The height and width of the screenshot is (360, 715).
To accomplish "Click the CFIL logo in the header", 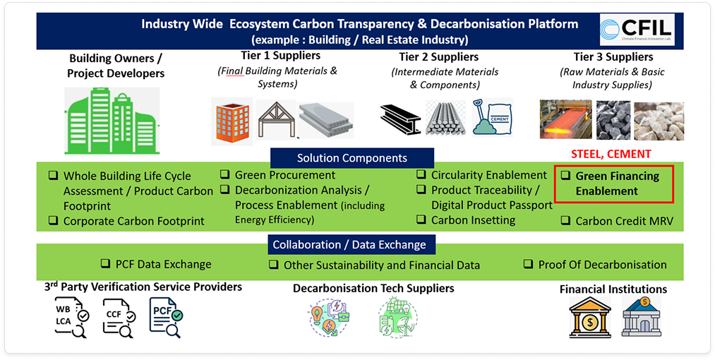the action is click(x=637, y=30).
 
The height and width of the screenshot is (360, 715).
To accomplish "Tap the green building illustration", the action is click(x=112, y=121).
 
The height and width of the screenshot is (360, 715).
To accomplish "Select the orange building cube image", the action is click(x=232, y=121).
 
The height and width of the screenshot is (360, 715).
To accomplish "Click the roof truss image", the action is click(x=276, y=119).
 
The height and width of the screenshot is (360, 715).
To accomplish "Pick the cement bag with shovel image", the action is click(x=493, y=116).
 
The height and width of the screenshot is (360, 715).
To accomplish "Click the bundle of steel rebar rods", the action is click(x=445, y=118).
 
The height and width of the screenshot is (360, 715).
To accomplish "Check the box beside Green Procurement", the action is click(x=224, y=174).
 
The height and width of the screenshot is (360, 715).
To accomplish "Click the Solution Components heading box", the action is click(x=352, y=158).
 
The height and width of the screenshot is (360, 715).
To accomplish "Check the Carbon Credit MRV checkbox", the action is click(x=565, y=220).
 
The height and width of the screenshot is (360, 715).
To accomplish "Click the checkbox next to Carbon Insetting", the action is click(x=421, y=220).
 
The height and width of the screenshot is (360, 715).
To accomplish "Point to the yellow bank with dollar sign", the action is click(x=590, y=318).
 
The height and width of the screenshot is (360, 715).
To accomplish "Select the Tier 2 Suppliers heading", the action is click(x=438, y=56).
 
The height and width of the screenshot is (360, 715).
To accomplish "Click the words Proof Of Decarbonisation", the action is click(x=602, y=265).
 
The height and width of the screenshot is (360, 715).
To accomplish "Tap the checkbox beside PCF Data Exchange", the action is click(x=105, y=263).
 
